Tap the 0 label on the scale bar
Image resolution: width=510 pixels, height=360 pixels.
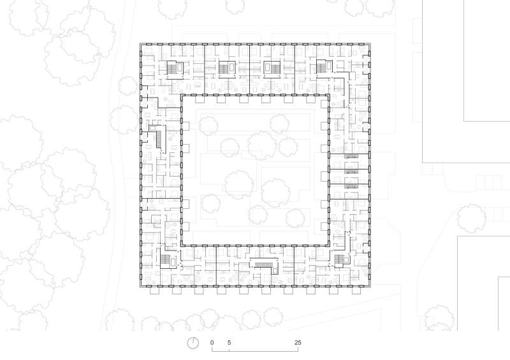click(x=212, y=343)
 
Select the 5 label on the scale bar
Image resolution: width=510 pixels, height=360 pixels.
click(x=229, y=343)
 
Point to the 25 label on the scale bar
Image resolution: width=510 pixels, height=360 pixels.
click(x=298, y=343)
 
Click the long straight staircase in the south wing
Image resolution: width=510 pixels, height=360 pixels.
click(x=265, y=264)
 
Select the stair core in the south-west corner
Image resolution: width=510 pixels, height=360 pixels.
click(x=166, y=260)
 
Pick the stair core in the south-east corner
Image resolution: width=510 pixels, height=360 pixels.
click(x=339, y=260)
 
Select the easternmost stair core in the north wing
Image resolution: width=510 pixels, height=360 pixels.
click(x=321, y=66)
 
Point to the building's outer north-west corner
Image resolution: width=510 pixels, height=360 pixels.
click(x=140, y=43)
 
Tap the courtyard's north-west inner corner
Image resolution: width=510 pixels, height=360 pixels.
click(x=182, y=96)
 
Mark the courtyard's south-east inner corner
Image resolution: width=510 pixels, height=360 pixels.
click(x=329, y=246)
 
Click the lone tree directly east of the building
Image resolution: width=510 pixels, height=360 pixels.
click(x=470, y=217)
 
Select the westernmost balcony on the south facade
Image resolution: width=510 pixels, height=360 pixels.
click(x=152, y=289)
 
